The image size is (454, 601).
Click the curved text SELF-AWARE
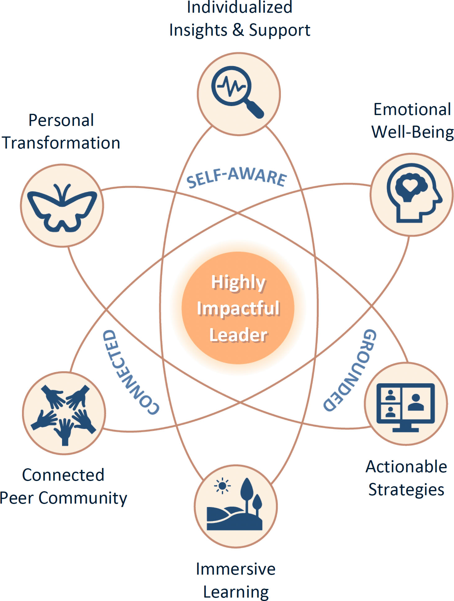(x=236, y=177)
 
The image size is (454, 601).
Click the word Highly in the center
(x=238, y=283)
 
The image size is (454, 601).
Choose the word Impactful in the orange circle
(x=238, y=308)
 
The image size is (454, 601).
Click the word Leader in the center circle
(x=238, y=335)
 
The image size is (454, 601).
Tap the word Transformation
(x=61, y=143)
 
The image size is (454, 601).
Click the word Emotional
(x=412, y=109)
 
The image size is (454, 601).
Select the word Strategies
(x=406, y=489)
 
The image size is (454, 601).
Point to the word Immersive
(x=236, y=569)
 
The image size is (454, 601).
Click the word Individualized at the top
(x=240, y=7)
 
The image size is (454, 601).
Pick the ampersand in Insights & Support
(x=238, y=30)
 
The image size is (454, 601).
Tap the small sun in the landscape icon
(x=222, y=486)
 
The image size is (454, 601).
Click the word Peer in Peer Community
(x=17, y=498)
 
